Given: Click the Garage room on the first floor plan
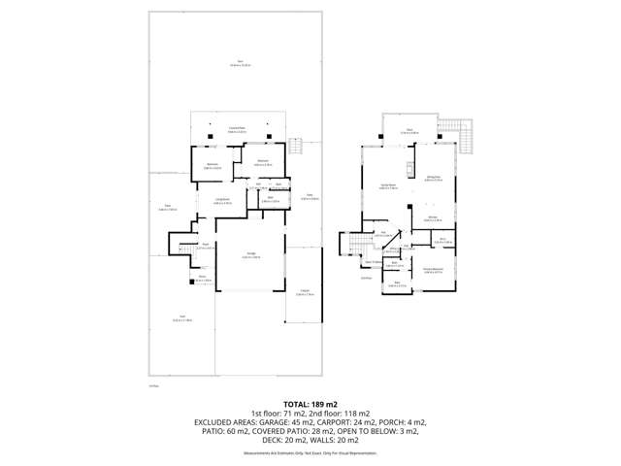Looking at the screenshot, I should pyautogui.click(x=249, y=257).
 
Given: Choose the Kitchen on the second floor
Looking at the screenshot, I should pyautogui.click(x=433, y=219).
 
